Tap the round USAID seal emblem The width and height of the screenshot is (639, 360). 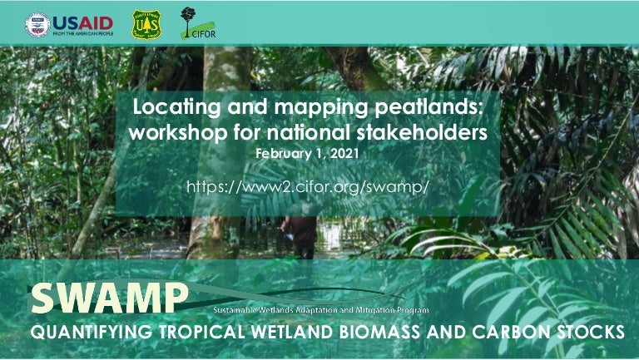pos(37,24)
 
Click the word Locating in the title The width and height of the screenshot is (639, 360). pos(172,108)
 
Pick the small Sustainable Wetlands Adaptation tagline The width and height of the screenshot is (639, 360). pos(321,310)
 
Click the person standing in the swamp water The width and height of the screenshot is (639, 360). pos(299,238)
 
